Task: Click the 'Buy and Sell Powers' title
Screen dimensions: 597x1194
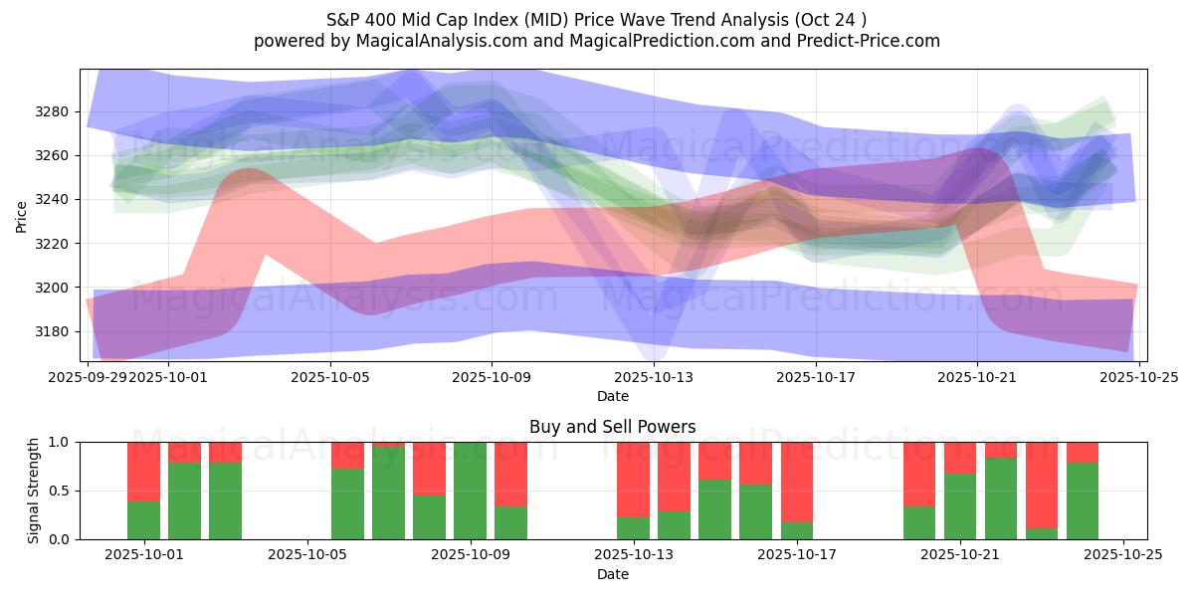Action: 613,428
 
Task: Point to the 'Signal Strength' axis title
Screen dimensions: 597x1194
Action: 34,491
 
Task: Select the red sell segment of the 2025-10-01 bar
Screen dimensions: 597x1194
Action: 144,471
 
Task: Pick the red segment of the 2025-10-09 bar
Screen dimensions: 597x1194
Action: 510,474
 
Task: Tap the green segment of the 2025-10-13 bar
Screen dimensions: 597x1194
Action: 633,528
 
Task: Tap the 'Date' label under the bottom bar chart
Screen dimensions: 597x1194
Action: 613,574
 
